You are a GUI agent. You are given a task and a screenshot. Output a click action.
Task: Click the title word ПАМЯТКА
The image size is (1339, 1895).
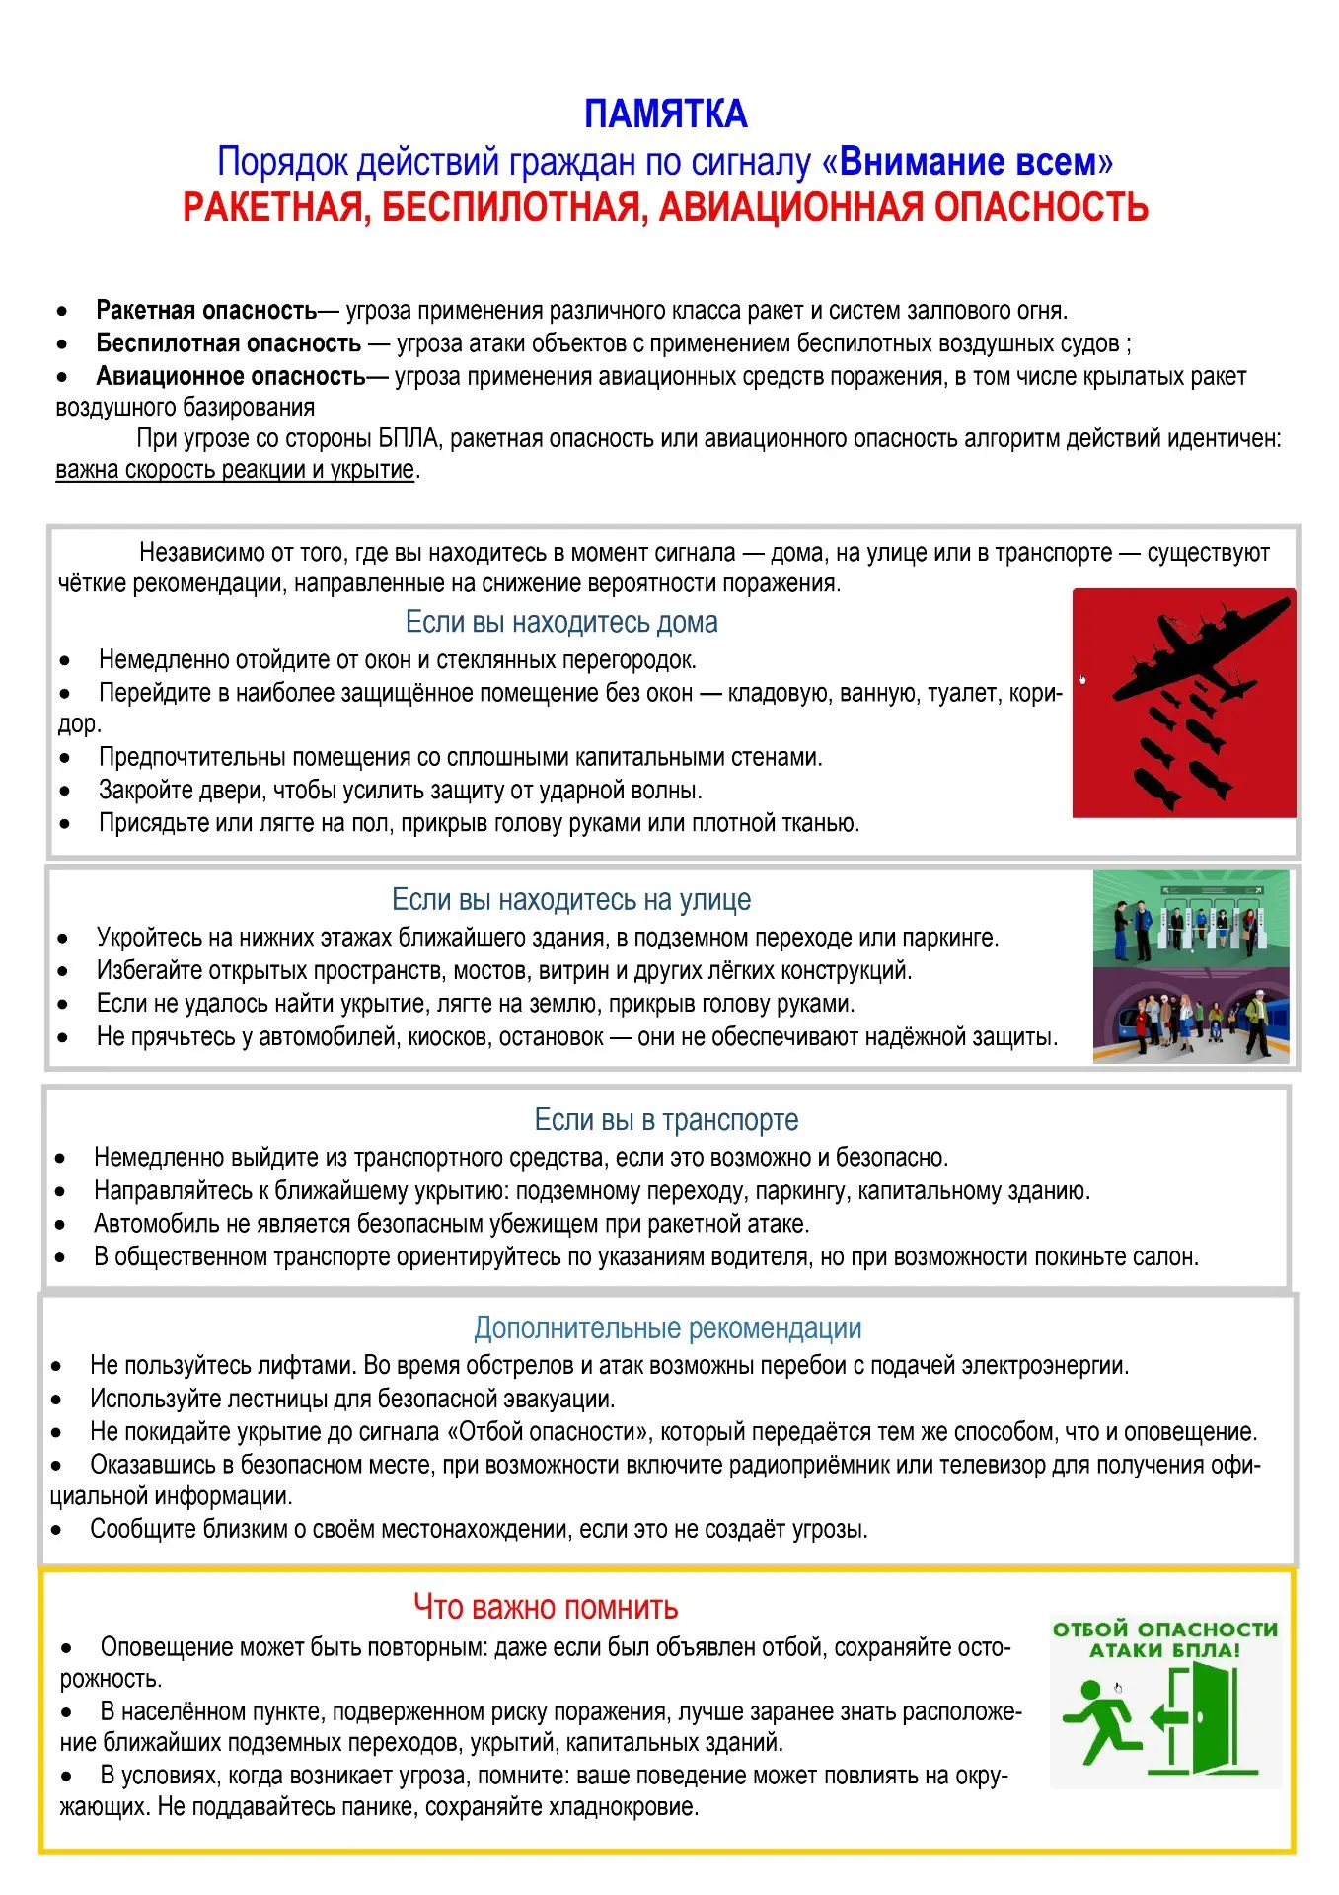(x=666, y=114)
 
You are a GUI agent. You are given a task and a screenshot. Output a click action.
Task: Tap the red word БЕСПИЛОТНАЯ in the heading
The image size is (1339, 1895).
(x=514, y=207)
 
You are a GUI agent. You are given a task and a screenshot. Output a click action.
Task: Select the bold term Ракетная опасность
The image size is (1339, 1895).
(x=206, y=311)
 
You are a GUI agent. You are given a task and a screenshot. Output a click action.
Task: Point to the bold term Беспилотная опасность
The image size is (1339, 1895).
(x=228, y=343)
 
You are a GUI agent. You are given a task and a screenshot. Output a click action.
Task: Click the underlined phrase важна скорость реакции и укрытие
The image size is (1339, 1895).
(x=235, y=470)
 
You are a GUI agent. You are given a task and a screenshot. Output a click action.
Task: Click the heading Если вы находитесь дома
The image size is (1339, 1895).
(x=561, y=622)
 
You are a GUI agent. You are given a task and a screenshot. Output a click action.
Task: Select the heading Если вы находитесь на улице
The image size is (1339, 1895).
(x=571, y=899)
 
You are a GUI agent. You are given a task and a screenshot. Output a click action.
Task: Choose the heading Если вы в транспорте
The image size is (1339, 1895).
(x=666, y=1119)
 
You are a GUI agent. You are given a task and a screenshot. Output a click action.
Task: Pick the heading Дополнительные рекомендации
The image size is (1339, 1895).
(x=668, y=1327)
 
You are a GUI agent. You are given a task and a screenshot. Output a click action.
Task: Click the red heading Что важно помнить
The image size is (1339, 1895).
(x=546, y=1607)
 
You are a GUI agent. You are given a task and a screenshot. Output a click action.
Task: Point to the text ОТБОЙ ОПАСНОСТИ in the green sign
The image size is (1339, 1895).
(x=1164, y=1629)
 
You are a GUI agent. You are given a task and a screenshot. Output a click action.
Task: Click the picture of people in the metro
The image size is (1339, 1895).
(x=1191, y=1015)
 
